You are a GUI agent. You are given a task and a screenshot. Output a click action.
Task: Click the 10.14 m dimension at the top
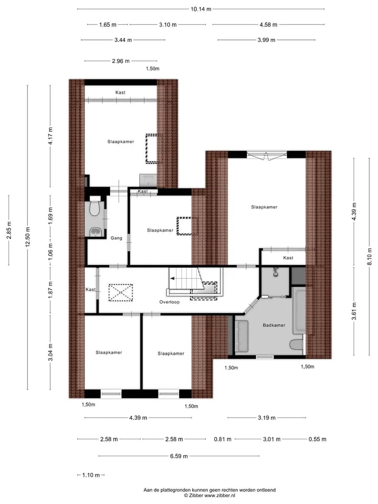tap(201, 9)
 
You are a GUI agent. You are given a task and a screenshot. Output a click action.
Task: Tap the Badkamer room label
tap(274, 325)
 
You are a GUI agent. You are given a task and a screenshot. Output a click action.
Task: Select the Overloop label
tap(170, 302)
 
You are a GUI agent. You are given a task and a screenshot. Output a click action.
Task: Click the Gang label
tap(117, 238)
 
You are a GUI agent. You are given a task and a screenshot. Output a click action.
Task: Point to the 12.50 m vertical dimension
tap(28, 237)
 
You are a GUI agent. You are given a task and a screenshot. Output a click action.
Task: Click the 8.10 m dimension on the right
tap(370, 257)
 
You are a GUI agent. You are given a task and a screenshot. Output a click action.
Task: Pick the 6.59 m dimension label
tap(179, 456)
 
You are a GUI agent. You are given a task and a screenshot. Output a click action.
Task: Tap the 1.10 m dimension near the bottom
tap(91, 475)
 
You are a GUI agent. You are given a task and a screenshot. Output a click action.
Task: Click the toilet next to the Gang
tap(95, 208)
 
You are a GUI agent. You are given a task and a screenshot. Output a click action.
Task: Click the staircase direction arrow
tap(173, 278)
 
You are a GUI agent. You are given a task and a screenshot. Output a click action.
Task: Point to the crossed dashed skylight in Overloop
tap(121, 292)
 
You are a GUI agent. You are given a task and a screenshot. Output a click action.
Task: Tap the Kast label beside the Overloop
tap(91, 290)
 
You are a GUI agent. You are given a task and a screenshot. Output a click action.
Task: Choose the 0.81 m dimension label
tap(223, 439)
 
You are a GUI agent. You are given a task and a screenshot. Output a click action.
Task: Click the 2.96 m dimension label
tap(121, 61)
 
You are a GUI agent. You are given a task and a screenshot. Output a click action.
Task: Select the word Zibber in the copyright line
tap(196, 496)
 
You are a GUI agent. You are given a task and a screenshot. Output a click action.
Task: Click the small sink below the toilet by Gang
tap(95, 232)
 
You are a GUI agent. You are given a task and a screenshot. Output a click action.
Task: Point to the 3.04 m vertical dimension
tap(50, 352)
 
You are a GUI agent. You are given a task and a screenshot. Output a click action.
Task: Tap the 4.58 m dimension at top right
tap(268, 25)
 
